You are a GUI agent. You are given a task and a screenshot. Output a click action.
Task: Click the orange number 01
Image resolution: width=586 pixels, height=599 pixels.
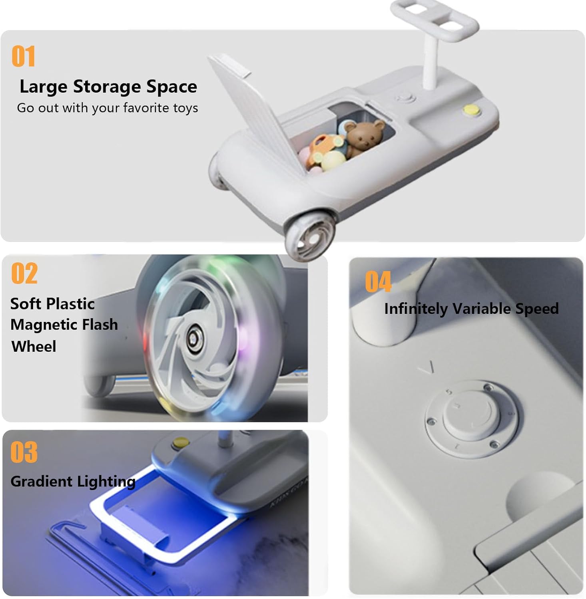pos(24,56)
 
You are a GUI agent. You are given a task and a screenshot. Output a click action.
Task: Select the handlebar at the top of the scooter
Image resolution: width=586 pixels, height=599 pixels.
pos(435,18)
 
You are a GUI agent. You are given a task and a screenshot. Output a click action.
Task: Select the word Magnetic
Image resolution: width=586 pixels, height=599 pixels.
pos(44,325)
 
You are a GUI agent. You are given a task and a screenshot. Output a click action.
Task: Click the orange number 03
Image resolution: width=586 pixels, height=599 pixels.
pos(24,452)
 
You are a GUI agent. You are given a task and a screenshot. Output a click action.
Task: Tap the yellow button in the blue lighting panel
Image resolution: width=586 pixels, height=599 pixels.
pos(180,442)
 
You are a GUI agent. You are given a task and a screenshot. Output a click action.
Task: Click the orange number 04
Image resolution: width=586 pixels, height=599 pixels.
pos(378,282)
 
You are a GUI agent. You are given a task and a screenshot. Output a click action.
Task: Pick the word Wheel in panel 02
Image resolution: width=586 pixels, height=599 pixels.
pos(34,346)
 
